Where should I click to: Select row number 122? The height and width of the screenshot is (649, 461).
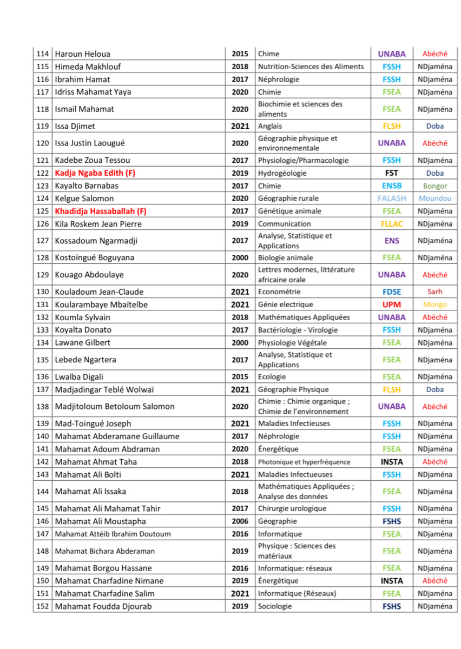42,173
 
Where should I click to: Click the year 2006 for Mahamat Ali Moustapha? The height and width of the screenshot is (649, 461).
240,521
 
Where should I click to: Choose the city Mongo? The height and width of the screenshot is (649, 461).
434,304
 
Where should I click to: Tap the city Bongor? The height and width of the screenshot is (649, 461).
434,186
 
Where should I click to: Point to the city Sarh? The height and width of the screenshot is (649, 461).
434,292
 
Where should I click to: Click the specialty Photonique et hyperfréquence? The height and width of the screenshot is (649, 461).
304,462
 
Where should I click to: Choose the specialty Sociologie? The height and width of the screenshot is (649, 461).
275,606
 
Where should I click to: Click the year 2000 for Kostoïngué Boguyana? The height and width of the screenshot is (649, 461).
240,258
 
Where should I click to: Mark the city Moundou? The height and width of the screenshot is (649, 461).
434,198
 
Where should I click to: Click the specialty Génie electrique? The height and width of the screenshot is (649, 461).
285,304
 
